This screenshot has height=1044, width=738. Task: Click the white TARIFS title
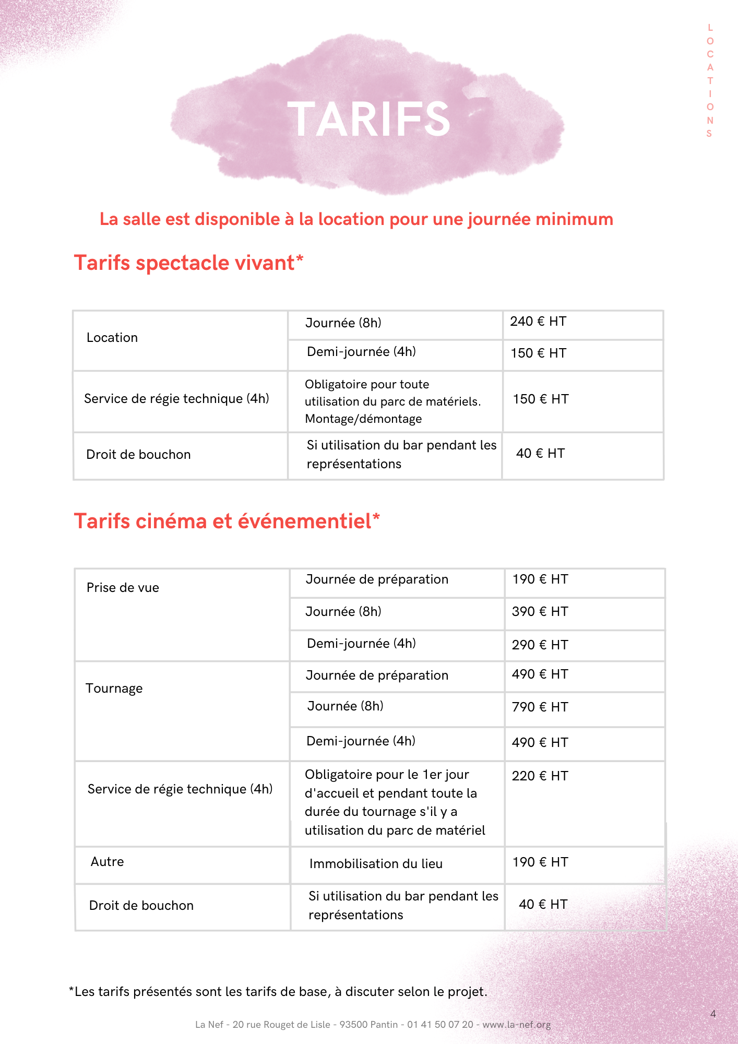coord(368,120)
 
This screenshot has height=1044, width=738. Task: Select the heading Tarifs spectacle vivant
coord(188,263)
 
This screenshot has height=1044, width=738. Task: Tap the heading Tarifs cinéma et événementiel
coord(227,521)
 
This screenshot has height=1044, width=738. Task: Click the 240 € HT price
coord(538,322)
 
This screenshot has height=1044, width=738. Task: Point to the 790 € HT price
coord(540,707)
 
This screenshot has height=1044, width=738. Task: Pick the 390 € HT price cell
coord(540,612)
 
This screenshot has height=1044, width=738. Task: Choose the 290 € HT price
coord(540,645)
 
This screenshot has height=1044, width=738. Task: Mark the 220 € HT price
coord(540,776)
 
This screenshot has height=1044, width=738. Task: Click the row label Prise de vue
coord(123,588)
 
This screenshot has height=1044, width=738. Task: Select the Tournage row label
coord(114,689)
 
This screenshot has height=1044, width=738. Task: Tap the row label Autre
coord(107,862)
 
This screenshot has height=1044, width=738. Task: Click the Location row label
coord(112,338)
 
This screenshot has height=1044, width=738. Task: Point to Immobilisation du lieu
coord(376,864)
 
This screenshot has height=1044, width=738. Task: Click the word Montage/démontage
coord(363,419)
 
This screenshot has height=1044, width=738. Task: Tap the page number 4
coord(713,1014)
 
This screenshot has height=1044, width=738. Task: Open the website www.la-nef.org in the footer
coord(516,1025)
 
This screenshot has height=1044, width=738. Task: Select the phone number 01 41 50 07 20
coord(440,1025)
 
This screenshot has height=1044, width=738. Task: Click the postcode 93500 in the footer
coord(353,1025)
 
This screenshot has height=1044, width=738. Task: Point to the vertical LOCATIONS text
coord(710,80)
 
